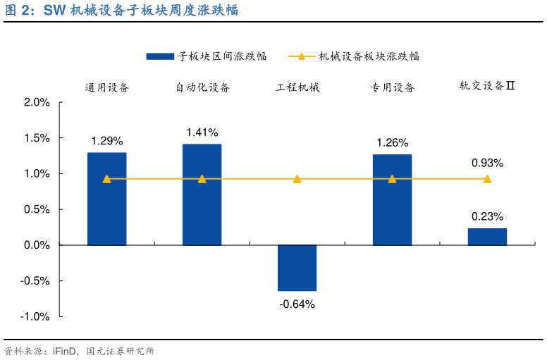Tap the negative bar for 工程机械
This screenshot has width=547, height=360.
coord(297,268)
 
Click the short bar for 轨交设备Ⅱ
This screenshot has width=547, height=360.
coord(487,237)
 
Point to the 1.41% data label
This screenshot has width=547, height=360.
coord(202,132)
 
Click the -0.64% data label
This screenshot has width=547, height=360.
coord(297,304)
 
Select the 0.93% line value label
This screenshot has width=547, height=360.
coord(487,163)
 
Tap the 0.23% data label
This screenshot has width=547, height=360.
coord(487,216)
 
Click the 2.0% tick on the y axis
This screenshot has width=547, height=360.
coord(37,102)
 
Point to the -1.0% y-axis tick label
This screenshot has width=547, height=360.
coord(35,316)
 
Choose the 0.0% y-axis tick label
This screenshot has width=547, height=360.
coord(37,245)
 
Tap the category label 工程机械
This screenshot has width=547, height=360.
coord(297,87)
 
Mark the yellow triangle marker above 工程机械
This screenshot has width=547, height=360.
coord(297,179)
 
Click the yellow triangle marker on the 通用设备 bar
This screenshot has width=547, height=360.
coord(106,179)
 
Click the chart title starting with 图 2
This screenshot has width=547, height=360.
coord(121,10)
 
